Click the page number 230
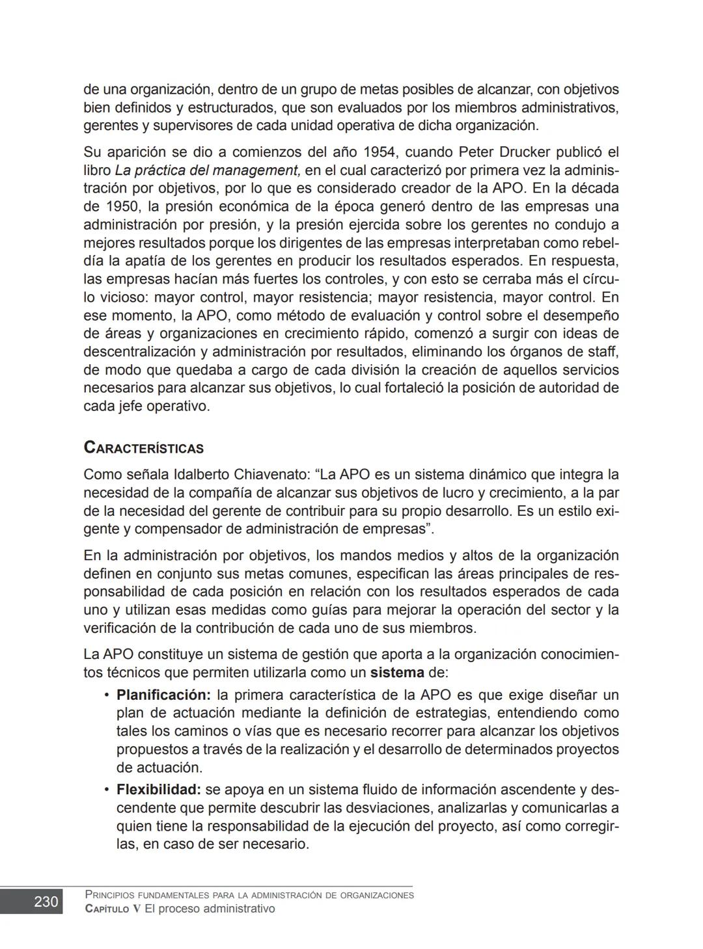pyautogui.click(x=46, y=902)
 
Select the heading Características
pyautogui.click(x=143, y=448)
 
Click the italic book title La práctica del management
pyautogui.click(x=207, y=170)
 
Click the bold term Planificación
pyautogui.click(x=163, y=695)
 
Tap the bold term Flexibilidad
pyautogui.click(x=159, y=790)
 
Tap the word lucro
pyautogui.click(x=471, y=493)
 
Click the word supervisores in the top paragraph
pyautogui.click(x=197, y=126)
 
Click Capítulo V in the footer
pyautogui.click(x=113, y=909)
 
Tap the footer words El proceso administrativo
pyautogui.click(x=210, y=909)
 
